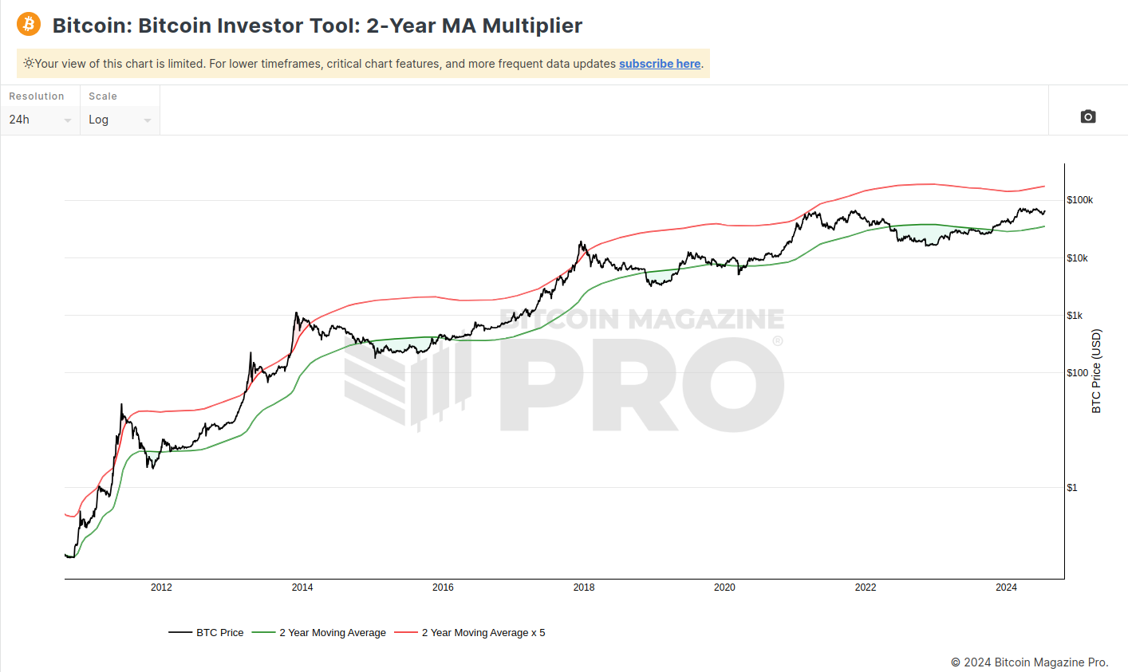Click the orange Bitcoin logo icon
click(29, 24)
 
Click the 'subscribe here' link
click(659, 64)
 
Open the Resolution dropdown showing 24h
click(40, 120)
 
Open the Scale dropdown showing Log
click(120, 120)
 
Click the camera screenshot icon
click(1087, 116)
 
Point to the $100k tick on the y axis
click(1079, 200)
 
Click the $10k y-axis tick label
click(1077, 258)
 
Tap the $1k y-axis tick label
click(1075, 316)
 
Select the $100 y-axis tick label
click(1077, 373)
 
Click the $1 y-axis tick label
click(1071, 488)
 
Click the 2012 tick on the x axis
click(161, 588)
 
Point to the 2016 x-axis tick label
click(443, 588)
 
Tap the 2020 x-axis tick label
click(724, 588)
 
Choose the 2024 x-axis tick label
click(1006, 588)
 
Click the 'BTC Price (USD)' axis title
click(1096, 371)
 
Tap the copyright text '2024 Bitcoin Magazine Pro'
click(1035, 662)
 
